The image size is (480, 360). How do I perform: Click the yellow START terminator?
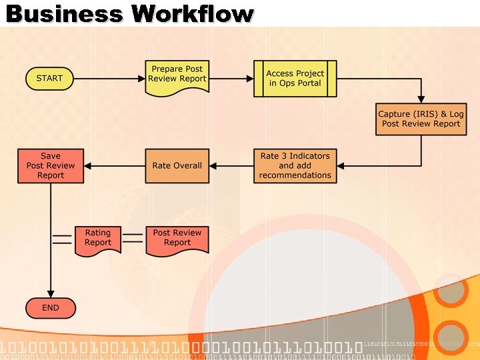tap(49, 79)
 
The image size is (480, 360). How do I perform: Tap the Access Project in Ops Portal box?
tap(295, 79)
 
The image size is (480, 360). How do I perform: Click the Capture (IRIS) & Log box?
tap(421, 119)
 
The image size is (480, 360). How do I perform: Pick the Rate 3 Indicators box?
tap(295, 165)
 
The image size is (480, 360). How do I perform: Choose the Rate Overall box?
tap(177, 165)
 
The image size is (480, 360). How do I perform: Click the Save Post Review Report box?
tap(51, 165)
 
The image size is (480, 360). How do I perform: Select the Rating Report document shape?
tap(97, 239)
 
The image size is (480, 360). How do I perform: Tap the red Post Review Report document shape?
tap(177, 239)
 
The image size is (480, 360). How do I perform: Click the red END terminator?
tap(51, 308)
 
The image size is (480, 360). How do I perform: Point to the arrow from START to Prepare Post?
tap(109, 79)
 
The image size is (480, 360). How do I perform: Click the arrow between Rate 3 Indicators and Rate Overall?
tap(231, 165)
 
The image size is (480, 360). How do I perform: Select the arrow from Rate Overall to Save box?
tap(114, 165)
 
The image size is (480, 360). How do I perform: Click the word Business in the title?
tap(65, 13)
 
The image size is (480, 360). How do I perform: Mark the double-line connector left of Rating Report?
tap(62, 239)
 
